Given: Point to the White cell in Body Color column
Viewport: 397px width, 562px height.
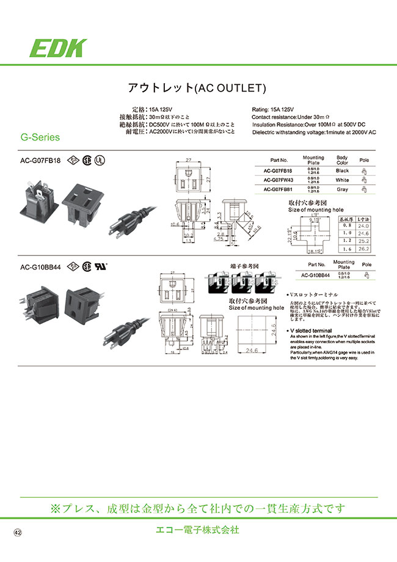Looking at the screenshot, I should [342, 180].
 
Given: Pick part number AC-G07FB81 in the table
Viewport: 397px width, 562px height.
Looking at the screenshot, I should [279, 189].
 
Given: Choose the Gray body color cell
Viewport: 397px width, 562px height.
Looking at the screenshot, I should [342, 189].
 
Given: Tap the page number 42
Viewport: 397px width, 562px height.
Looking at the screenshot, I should [18, 533].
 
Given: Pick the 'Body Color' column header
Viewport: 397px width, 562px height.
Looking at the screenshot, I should [342, 160].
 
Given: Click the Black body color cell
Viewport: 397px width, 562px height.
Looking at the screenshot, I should [342, 171].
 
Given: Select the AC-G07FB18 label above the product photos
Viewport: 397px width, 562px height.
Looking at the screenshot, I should [40, 161].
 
